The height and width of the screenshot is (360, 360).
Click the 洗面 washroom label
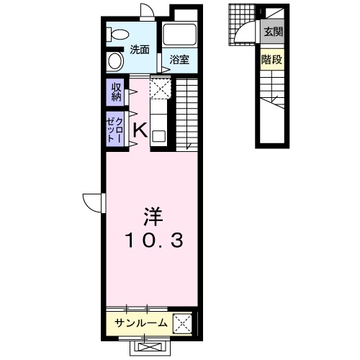[x=140, y=50]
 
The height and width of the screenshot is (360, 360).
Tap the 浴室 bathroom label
[x=179, y=60]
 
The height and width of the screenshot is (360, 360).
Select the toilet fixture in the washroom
[x=115, y=33]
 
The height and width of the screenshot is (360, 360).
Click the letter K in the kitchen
[x=140, y=130]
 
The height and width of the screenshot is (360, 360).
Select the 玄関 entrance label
[x=272, y=32]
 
